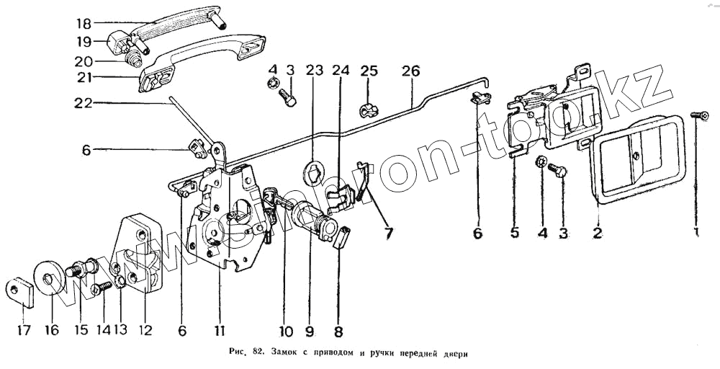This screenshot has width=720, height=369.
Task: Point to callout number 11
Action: pyautogui.click(x=218, y=332)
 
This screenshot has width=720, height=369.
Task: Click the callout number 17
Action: pyautogui.click(x=24, y=332)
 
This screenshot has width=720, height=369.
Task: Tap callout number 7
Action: pyautogui.click(x=388, y=233)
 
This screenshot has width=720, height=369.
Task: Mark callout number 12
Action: pyautogui.click(x=147, y=332)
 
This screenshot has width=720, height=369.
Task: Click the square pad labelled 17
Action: pyautogui.click(x=22, y=290)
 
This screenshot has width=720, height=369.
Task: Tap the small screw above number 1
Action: pyautogui.click(x=696, y=115)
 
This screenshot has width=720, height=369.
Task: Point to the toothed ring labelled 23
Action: pyautogui.click(x=314, y=173)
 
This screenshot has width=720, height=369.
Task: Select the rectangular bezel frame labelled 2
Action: pyautogui.click(x=628, y=159)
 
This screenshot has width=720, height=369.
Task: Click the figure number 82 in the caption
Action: pyautogui.click(x=258, y=353)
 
